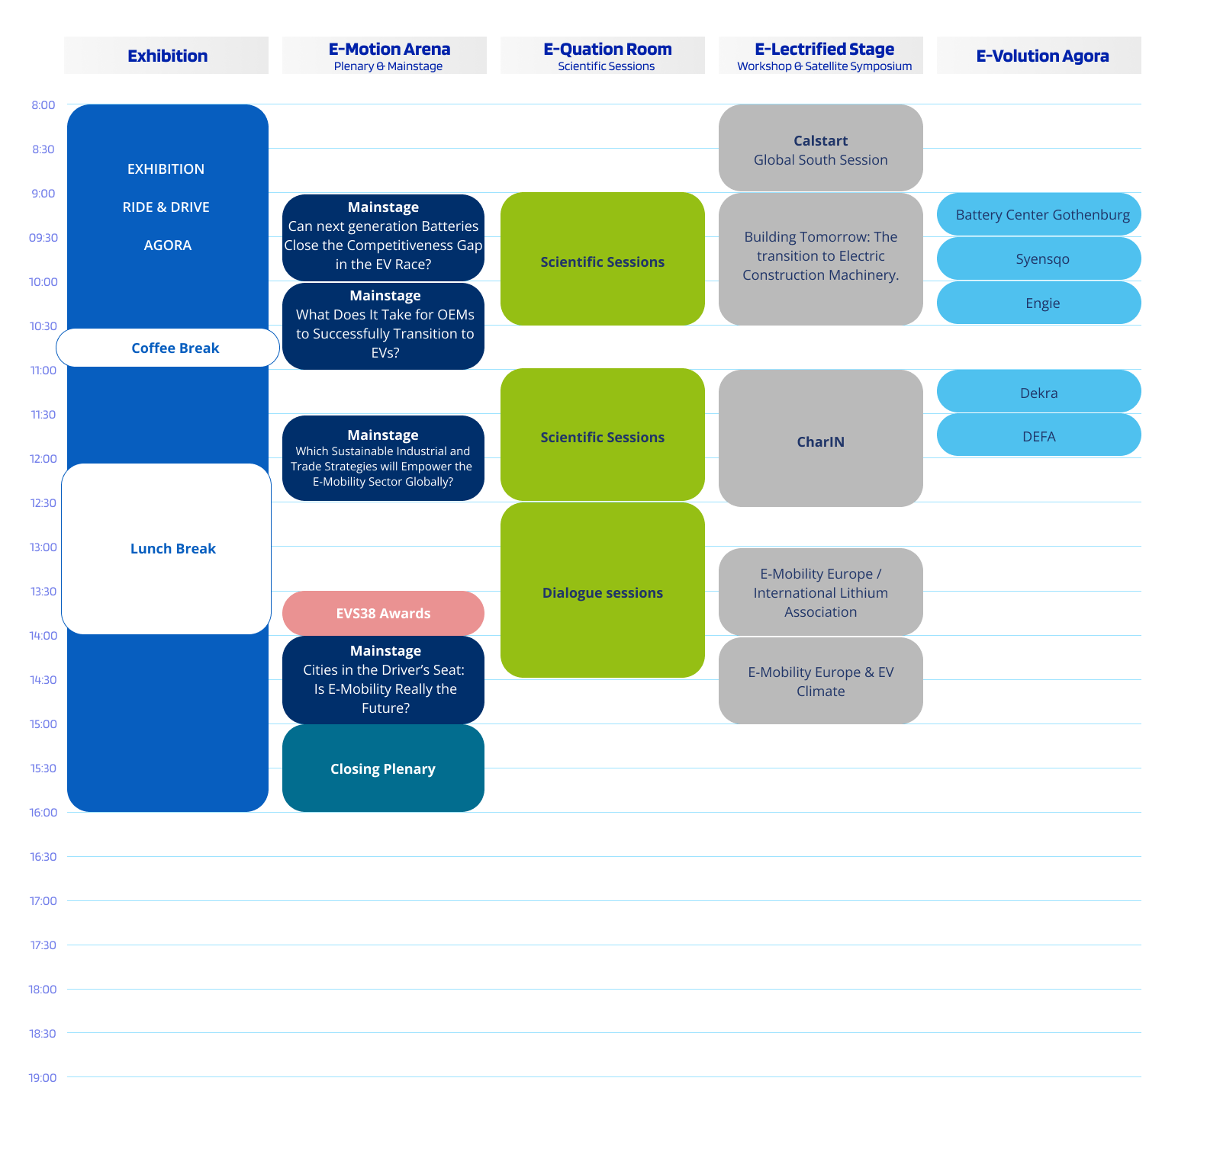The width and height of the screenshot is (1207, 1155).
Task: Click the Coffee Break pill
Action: click(x=168, y=348)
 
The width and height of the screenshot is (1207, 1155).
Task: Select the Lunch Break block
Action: click(x=166, y=549)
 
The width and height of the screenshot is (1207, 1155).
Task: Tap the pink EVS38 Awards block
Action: click(x=383, y=613)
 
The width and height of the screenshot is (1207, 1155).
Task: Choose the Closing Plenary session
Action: click(x=383, y=768)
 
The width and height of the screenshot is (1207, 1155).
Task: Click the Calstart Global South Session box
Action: click(x=821, y=148)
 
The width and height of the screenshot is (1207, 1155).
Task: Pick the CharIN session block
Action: click(x=821, y=438)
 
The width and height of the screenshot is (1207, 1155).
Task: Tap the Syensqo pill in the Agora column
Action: click(x=1039, y=258)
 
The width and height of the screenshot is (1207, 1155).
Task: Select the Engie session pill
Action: click(x=1039, y=303)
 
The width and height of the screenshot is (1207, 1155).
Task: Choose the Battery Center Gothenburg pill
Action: click(x=1039, y=214)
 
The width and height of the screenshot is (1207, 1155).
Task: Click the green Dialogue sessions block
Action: click(x=603, y=590)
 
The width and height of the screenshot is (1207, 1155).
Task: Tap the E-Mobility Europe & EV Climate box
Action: click(x=821, y=681)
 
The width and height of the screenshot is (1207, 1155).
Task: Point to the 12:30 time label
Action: click(x=43, y=503)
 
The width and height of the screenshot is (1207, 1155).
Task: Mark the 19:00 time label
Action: click(x=43, y=1078)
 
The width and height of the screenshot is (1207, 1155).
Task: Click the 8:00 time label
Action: click(x=43, y=105)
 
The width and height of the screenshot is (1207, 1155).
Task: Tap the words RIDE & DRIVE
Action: click(x=166, y=207)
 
